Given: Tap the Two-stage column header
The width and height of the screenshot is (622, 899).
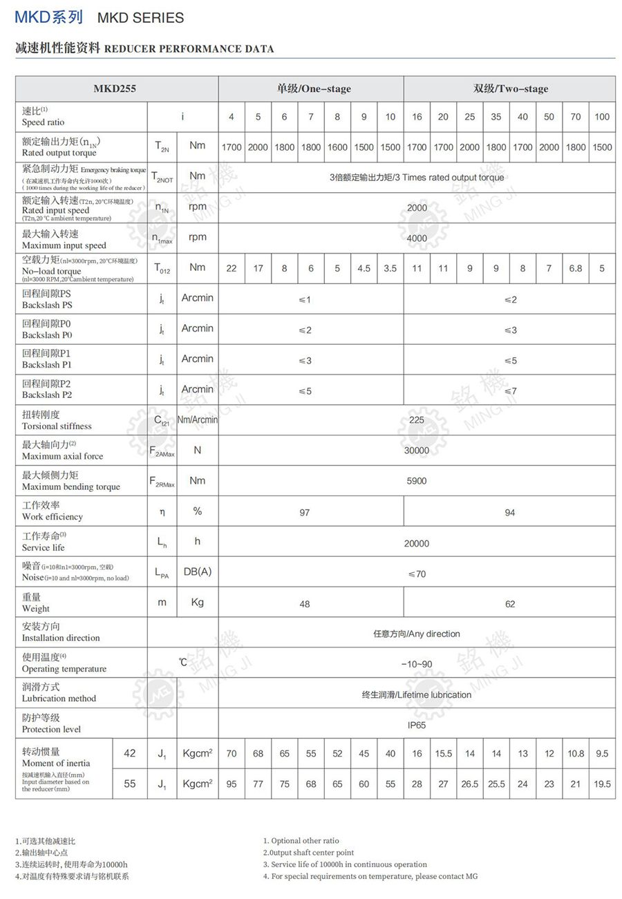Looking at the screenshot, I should (510, 88).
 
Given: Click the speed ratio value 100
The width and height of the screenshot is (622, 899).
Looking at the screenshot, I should (602, 117).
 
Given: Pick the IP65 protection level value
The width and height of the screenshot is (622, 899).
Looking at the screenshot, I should (417, 725).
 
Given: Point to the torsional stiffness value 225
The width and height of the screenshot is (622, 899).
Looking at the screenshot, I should (417, 420).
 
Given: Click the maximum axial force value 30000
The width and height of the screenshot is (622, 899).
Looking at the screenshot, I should (417, 451).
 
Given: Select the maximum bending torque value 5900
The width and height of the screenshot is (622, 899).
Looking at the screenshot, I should (417, 481).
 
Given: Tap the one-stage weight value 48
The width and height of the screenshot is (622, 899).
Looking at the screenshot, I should (305, 604).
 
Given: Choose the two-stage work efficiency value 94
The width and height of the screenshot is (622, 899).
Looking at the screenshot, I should (510, 513).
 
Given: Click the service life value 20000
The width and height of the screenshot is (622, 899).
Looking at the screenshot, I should (417, 544).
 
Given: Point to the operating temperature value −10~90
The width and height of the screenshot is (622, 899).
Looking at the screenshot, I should (417, 665).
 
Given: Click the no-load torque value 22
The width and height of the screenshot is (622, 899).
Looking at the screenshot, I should (232, 269).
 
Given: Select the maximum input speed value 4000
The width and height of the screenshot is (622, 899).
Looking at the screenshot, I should (417, 238).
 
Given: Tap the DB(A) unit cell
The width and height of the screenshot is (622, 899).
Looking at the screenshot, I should (198, 572).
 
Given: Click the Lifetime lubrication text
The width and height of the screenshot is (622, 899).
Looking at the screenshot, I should (417, 695).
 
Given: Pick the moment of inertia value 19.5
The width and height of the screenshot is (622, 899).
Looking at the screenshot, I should (602, 784).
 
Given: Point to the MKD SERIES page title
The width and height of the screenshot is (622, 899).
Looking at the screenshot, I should (140, 18).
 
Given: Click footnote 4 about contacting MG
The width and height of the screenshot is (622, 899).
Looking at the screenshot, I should (370, 876).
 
